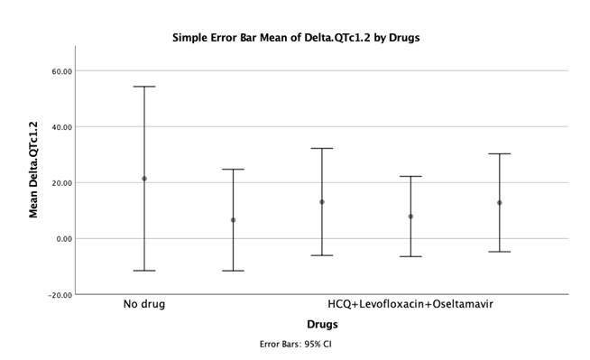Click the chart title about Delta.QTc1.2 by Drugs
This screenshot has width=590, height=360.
(x=296, y=38)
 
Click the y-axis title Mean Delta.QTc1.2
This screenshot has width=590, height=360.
(x=34, y=170)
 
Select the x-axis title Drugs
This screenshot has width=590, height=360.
(x=322, y=323)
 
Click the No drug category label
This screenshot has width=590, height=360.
(x=144, y=304)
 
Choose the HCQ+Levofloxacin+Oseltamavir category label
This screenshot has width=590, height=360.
(x=410, y=304)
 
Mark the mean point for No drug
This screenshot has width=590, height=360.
(x=144, y=179)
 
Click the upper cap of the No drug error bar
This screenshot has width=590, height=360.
(x=144, y=87)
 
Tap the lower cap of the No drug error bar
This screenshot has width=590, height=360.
(x=144, y=271)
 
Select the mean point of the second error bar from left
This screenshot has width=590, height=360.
(x=233, y=220)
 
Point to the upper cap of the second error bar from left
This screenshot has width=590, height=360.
(x=233, y=170)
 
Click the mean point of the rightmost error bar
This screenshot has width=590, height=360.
(x=499, y=203)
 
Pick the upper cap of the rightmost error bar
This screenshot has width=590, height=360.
(x=499, y=154)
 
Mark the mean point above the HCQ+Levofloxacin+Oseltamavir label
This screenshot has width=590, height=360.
(x=410, y=217)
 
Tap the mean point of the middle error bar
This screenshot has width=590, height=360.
(x=322, y=202)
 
